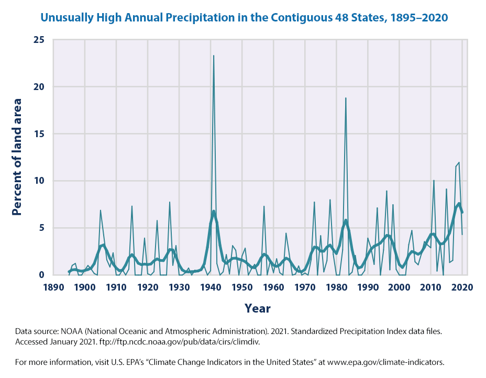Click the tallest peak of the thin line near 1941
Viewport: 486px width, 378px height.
click(x=214, y=55)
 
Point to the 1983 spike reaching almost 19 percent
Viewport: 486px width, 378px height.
click(x=346, y=98)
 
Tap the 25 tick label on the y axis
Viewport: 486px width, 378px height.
click(x=38, y=40)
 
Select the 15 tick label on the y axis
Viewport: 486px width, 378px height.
click(x=38, y=134)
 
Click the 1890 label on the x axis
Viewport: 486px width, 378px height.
click(x=53, y=287)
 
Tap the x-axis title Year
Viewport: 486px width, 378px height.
click(x=258, y=308)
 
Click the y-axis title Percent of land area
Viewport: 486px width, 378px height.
click(x=17, y=157)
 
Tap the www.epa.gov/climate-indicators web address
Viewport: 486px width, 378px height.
click(x=399, y=362)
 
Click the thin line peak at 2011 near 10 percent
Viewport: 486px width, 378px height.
click(x=434, y=181)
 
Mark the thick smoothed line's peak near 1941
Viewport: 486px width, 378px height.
click(x=214, y=212)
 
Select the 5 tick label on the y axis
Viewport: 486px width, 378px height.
click(x=41, y=228)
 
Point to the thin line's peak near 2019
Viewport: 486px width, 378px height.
click(x=459, y=163)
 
